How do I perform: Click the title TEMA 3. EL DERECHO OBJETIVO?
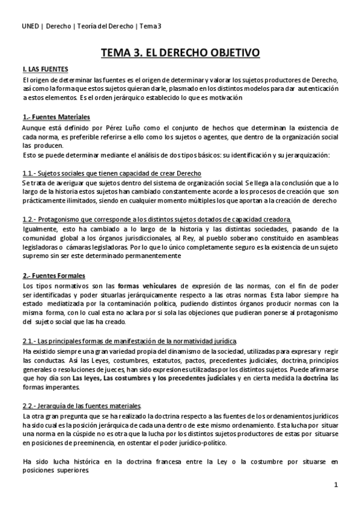pyautogui.click(x=180, y=53)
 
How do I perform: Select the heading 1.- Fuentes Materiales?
pyautogui.click(x=56, y=116)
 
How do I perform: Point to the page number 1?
pyautogui.click(x=336, y=485)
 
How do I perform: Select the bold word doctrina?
pyautogui.click(x=314, y=377)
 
